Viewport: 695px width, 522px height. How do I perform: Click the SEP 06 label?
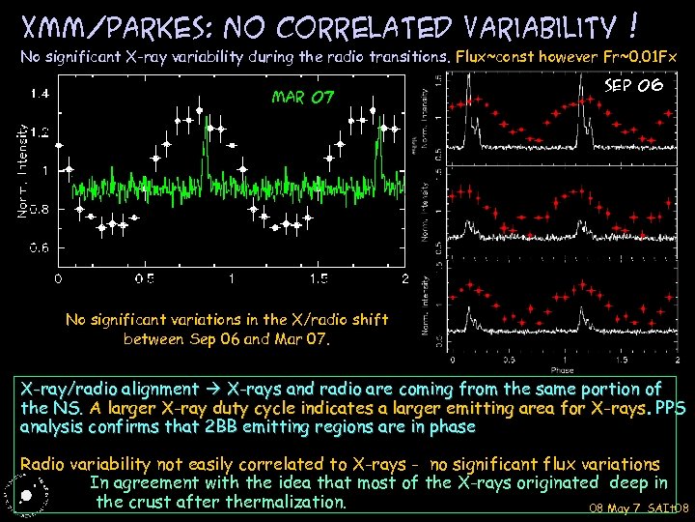pyautogui.click(x=632, y=85)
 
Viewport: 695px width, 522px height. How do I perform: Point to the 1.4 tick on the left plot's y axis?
pyautogui.click(x=40, y=94)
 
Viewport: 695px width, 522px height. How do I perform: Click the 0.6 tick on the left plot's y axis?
pyautogui.click(x=40, y=248)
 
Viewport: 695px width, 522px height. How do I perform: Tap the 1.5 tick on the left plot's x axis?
pyautogui.click(x=318, y=279)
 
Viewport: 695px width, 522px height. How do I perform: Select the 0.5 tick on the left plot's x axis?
pyautogui.click(x=146, y=279)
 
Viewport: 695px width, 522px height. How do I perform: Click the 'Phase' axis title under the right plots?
pyautogui.click(x=562, y=369)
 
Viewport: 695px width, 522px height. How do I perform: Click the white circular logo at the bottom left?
pyautogui.click(x=27, y=495)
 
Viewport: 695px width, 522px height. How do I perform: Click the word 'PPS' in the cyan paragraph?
pyautogui.click(x=670, y=407)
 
